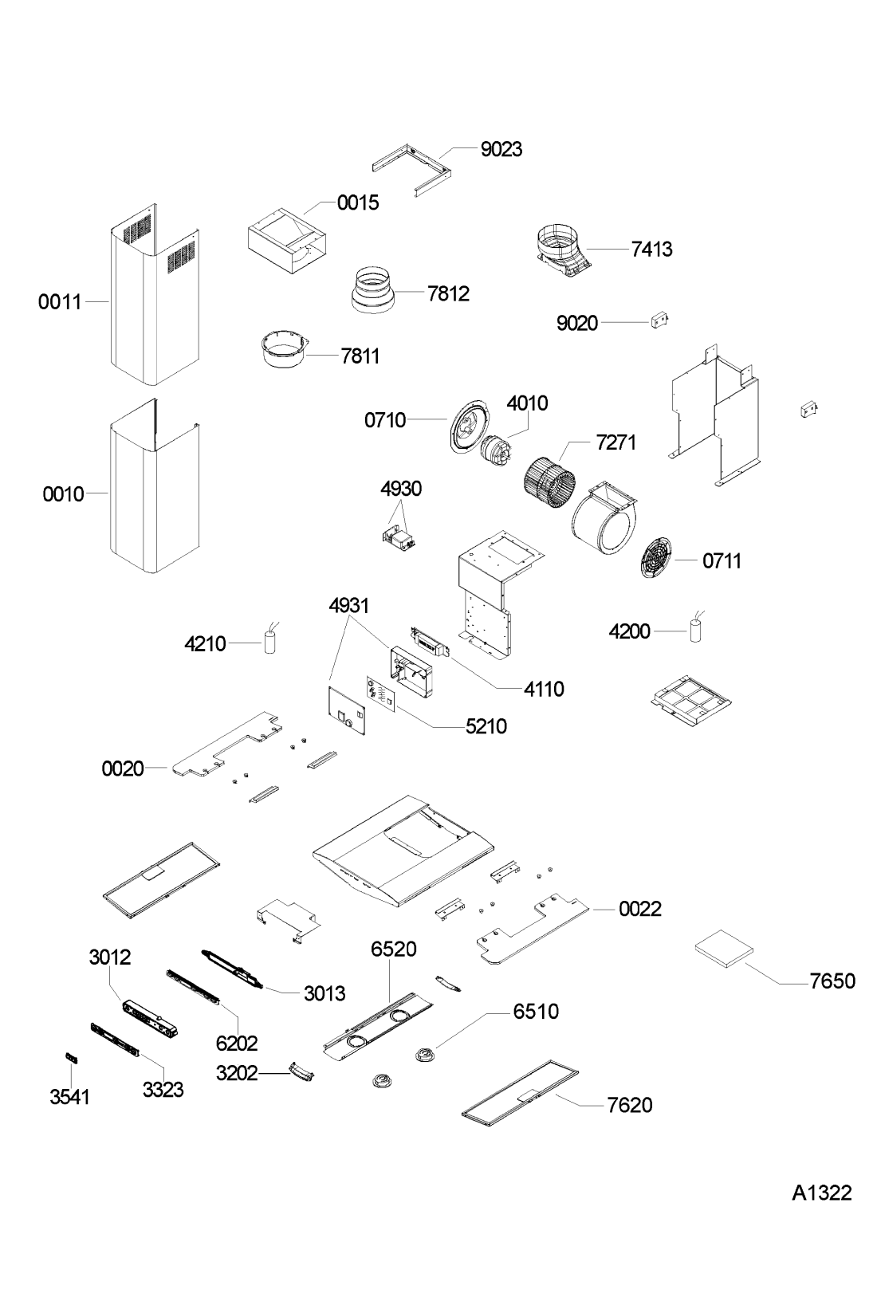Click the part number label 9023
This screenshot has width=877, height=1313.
[501, 149]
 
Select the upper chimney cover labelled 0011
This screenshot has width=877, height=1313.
[155, 295]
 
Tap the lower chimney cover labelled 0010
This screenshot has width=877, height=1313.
[155, 486]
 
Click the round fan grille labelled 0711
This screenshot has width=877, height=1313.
[655, 557]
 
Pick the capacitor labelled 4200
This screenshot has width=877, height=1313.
[696, 628]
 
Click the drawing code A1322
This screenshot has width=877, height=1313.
[822, 1193]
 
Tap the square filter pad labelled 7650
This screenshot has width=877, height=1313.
[724, 948]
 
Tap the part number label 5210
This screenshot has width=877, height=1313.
[486, 727]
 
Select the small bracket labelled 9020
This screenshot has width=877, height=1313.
[659, 320]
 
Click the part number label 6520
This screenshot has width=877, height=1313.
[393, 949]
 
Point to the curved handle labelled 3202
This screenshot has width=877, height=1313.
[301, 1070]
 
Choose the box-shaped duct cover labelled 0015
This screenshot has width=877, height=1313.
[287, 241]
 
